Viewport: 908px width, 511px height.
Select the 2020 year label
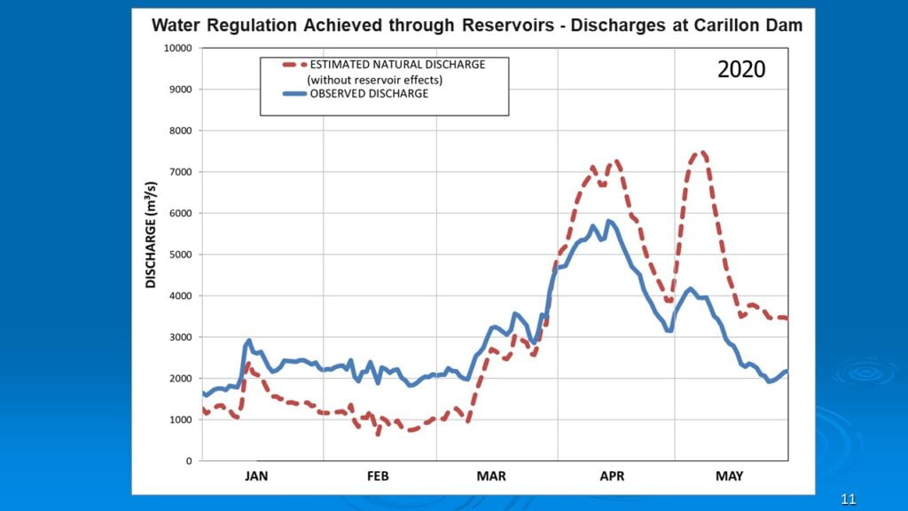pos(741,70)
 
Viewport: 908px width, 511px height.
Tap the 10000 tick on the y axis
pos(177,48)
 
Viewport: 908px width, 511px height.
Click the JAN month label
pos(256,476)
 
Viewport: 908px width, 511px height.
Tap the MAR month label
pos(491,476)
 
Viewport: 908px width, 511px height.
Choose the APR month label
pos(611,476)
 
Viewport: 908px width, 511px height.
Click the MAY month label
pos(729,476)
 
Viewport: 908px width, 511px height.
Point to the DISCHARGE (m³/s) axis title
pos(151,234)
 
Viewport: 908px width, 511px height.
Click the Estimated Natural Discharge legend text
pos(397,65)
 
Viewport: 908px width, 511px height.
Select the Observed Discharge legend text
pos(369,95)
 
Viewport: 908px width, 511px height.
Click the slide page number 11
pos(849,499)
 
